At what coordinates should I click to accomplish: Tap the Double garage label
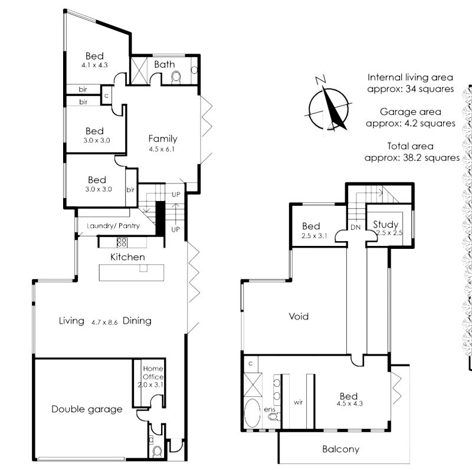coord(87,409)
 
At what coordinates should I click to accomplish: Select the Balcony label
coord(341,449)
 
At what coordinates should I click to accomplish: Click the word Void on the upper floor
coord(299,316)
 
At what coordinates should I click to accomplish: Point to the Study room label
coord(386,225)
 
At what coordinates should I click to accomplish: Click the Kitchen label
coord(127,257)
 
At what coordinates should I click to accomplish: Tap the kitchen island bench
coord(132,272)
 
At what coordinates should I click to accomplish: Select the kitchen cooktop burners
coord(122,242)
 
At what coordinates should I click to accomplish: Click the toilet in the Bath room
coord(176,77)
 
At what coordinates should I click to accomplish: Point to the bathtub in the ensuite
coord(253,413)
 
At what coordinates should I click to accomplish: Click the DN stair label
coord(356,228)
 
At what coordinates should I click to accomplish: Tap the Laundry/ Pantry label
coord(113,226)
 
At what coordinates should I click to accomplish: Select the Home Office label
coord(153,373)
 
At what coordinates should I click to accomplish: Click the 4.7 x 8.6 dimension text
coord(104,323)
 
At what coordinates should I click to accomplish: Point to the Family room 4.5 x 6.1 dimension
coord(162,149)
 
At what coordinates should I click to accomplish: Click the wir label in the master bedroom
coord(298,402)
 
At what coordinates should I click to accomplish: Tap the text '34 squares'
coord(430,89)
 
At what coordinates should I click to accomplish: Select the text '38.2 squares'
coord(431,158)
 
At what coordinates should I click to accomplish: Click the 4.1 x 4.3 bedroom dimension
coord(94,65)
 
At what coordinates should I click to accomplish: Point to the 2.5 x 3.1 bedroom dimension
coord(314,236)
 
